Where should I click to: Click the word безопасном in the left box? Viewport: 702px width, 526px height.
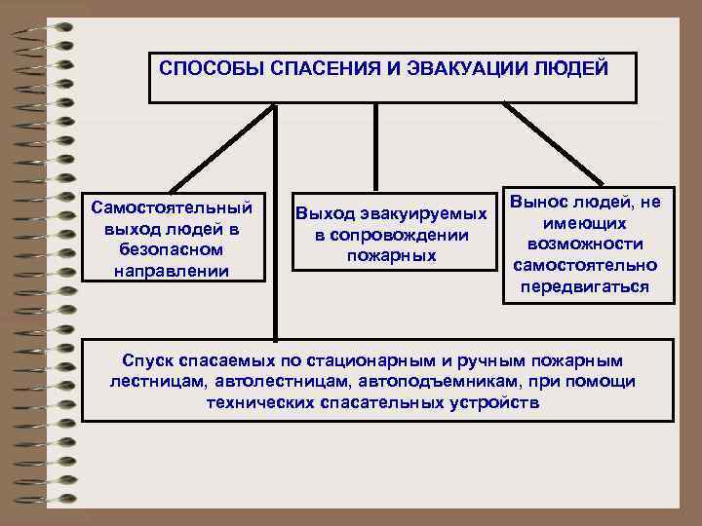[x=171, y=248]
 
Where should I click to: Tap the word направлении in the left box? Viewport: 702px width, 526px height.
[x=171, y=270]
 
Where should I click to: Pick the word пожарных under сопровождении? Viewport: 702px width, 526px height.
[x=391, y=255]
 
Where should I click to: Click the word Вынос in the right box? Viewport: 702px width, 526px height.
[x=546, y=202]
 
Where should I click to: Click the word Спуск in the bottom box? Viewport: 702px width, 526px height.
[x=147, y=360]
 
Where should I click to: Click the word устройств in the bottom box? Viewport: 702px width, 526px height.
[x=490, y=402]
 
